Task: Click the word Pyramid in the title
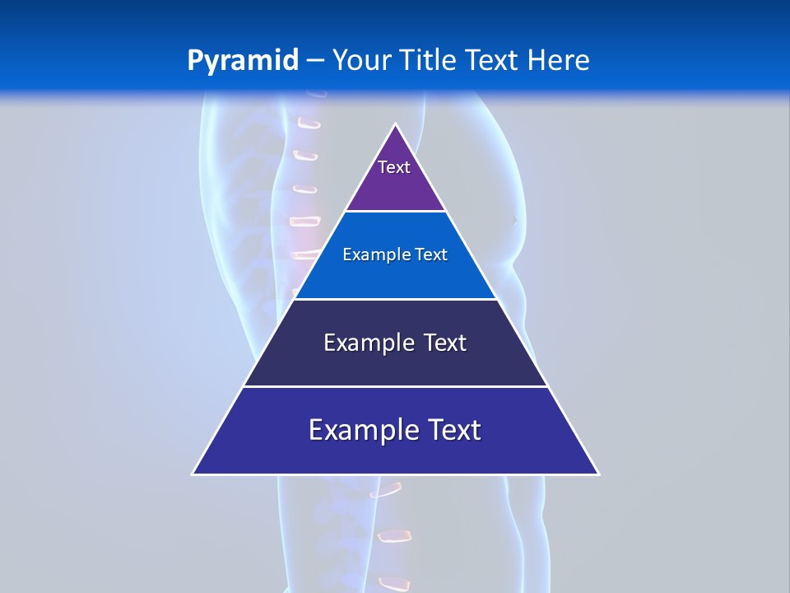(x=242, y=61)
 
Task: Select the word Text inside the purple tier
(x=393, y=167)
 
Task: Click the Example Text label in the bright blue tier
(x=395, y=254)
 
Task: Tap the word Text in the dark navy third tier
(x=445, y=343)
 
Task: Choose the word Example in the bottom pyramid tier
(x=362, y=430)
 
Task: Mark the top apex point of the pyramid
(x=396, y=124)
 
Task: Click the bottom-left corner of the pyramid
(x=193, y=474)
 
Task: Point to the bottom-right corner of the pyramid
(x=598, y=474)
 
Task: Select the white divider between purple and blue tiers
(x=395, y=212)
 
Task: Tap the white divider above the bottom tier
(x=395, y=386)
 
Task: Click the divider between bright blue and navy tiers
(x=395, y=299)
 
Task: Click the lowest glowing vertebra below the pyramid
(x=393, y=583)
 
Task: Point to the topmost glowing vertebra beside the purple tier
(x=309, y=124)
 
